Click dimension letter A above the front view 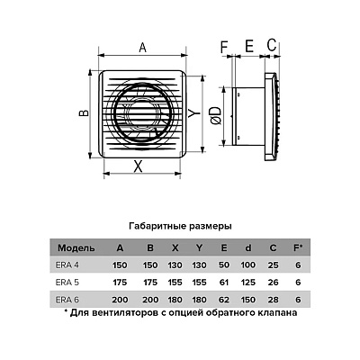click(143, 48)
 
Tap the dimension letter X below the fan click(138, 166)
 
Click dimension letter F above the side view click(224, 48)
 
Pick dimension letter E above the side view click(249, 47)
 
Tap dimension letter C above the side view click(272, 45)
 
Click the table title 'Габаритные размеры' click(180, 226)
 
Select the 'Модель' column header click(76, 248)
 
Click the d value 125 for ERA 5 click(248, 283)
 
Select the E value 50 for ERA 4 click(224, 265)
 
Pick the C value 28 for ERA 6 click(273, 300)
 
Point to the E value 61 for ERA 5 click(224, 283)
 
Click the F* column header click(298, 247)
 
